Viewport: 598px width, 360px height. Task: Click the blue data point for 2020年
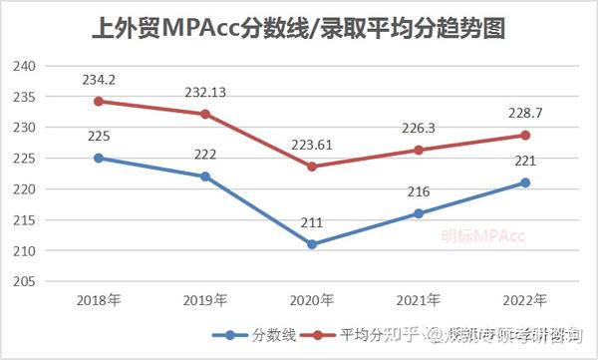point(311,244)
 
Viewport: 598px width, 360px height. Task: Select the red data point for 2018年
point(98,102)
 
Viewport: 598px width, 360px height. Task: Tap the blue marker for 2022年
point(525,182)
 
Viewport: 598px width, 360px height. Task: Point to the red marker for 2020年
point(311,167)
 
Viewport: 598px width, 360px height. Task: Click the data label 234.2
point(98,77)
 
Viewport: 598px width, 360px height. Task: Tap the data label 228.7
point(525,111)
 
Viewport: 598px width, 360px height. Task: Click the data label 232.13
point(204,92)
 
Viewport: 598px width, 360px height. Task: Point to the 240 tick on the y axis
point(24,67)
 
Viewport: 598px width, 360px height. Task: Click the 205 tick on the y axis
point(24,282)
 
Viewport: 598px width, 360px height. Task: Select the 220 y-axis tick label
point(24,189)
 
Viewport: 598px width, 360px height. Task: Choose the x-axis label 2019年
point(204,299)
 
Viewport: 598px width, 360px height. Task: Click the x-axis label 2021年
point(419,299)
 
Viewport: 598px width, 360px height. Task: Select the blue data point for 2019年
point(204,177)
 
